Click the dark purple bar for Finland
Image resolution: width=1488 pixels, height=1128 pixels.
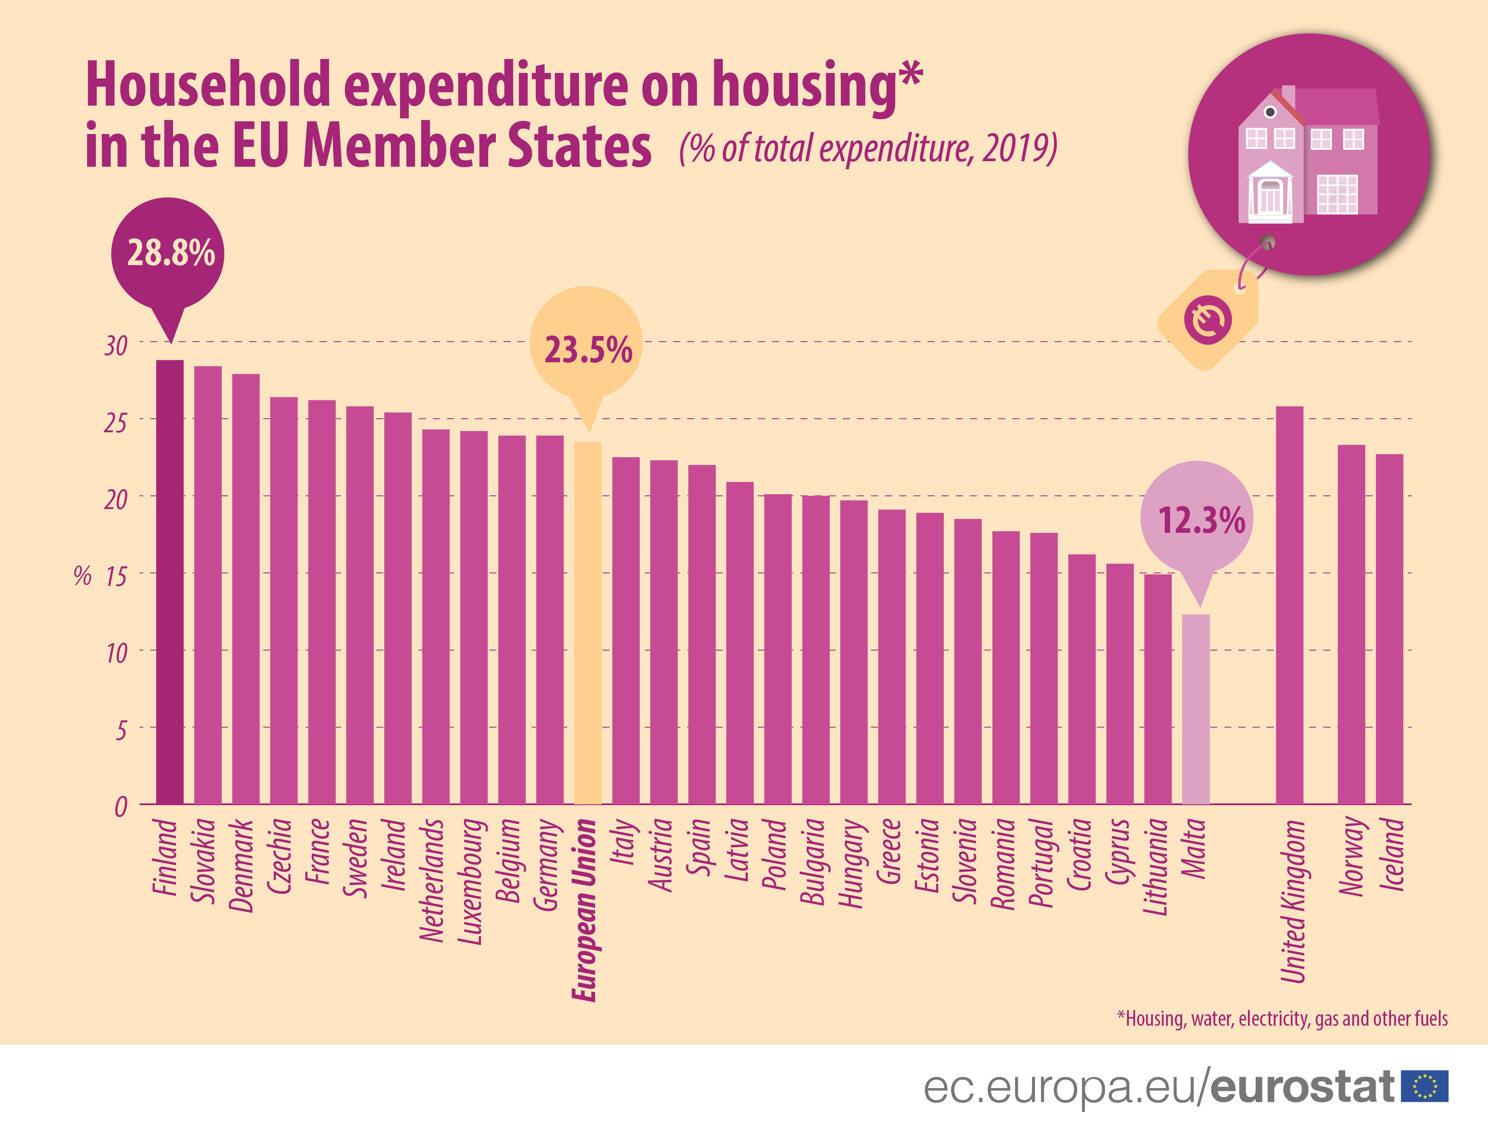click(x=170, y=582)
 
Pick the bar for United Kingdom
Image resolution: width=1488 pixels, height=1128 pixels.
click(x=1289, y=605)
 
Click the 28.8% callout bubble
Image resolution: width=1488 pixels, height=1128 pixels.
click(x=168, y=254)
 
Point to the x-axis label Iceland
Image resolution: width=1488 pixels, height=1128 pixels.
click(x=1391, y=854)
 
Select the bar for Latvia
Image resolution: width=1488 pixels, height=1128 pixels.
click(x=739, y=642)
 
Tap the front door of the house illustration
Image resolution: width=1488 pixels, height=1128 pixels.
click(x=1270, y=197)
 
